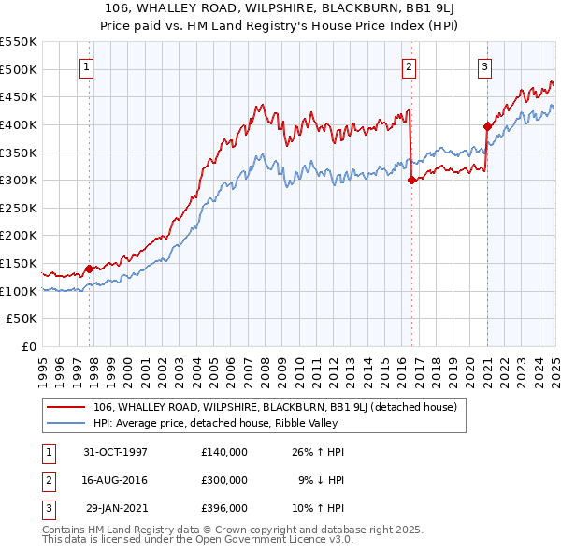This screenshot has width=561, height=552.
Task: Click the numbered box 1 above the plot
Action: click(x=86, y=65)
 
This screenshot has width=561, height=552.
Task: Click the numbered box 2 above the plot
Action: click(x=410, y=65)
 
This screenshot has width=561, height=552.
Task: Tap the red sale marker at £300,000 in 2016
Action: click(x=411, y=181)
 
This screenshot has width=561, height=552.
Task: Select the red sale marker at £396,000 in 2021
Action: click(x=487, y=126)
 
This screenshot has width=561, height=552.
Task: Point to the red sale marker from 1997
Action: click(x=90, y=269)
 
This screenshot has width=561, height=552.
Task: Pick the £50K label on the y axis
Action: click(x=22, y=319)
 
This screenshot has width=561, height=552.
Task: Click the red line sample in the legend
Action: click(x=66, y=407)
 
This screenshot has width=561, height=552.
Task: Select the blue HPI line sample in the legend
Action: click(x=66, y=423)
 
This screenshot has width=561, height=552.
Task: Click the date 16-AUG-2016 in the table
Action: click(x=116, y=479)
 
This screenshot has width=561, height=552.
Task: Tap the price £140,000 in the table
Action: click(x=224, y=451)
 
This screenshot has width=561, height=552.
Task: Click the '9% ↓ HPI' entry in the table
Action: click(x=322, y=479)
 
